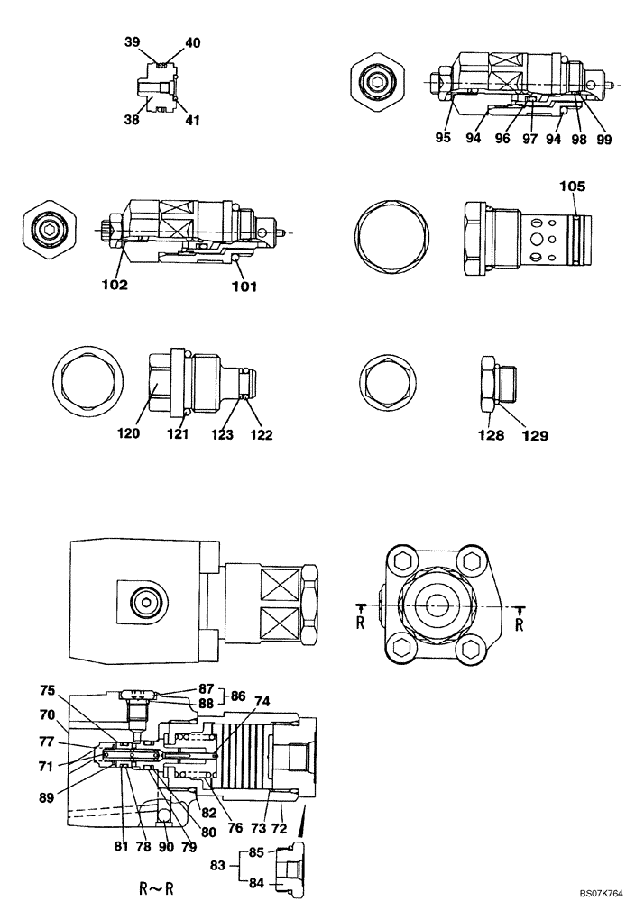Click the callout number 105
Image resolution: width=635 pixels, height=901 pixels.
[x=572, y=187]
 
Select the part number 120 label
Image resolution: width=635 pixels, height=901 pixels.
[x=128, y=433]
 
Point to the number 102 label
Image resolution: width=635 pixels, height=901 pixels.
[x=115, y=285]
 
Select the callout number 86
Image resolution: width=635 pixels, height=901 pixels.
[x=237, y=696]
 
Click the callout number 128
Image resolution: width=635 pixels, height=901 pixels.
[x=488, y=434]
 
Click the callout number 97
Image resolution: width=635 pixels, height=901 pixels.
[x=529, y=140]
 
